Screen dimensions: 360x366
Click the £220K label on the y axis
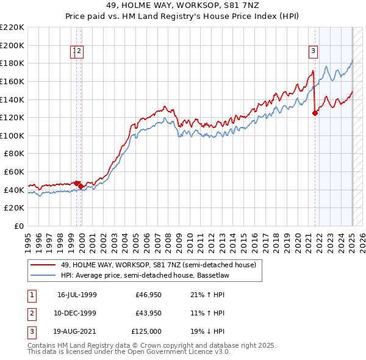12,27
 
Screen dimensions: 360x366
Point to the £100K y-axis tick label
12,135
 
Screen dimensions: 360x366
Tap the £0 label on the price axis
20,226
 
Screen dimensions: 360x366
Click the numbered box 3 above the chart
313,52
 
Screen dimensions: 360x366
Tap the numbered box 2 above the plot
79,52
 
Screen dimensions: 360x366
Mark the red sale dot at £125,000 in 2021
315,112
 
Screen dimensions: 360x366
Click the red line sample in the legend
43,265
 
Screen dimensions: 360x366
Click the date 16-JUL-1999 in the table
77,295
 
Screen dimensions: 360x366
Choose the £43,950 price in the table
148,313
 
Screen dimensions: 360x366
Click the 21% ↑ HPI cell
208,295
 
